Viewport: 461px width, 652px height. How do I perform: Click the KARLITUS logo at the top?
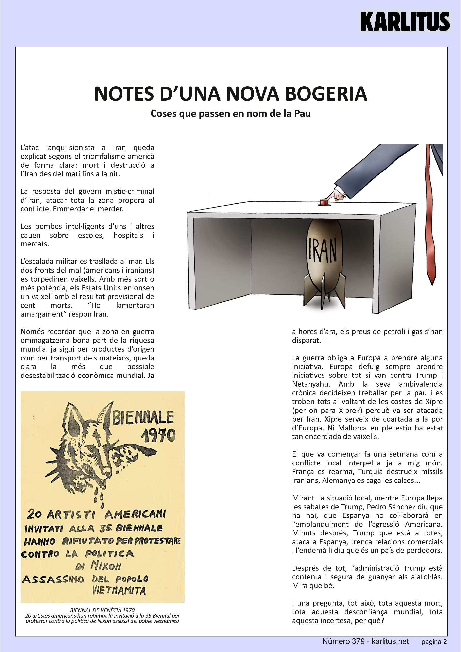[405, 21]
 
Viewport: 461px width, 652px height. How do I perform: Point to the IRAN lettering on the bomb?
[323, 250]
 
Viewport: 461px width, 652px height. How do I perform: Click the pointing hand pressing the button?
[337, 195]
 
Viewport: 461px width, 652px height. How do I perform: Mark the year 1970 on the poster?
[158, 435]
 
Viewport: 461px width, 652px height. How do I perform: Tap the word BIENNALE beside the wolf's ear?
[143, 418]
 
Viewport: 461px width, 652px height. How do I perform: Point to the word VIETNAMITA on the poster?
[119, 591]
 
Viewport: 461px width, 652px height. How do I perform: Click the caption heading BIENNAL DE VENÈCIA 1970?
[102, 610]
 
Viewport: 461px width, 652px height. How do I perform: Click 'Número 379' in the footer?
[343, 641]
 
